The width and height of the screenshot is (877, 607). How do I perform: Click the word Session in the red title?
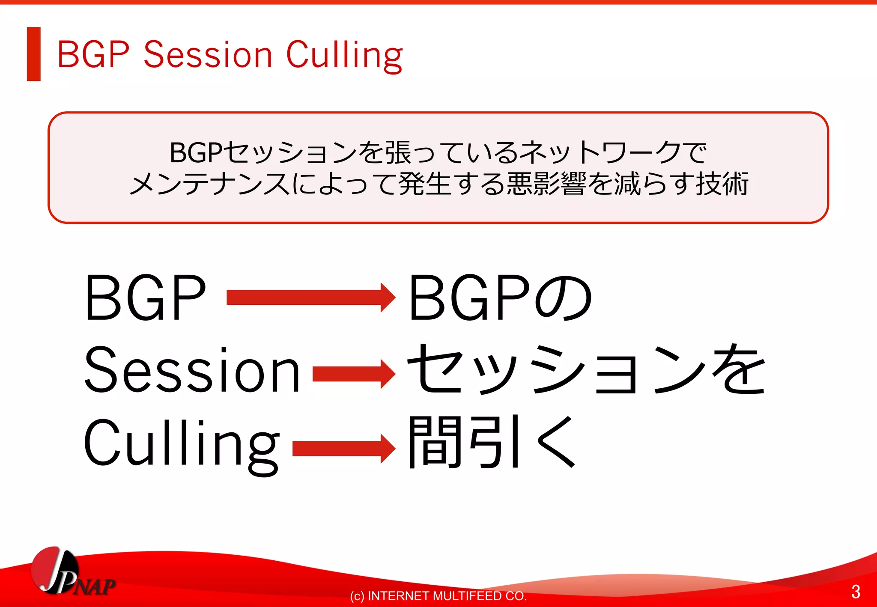pyautogui.click(x=208, y=55)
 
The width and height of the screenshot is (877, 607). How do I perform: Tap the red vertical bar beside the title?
pyautogui.click(x=33, y=54)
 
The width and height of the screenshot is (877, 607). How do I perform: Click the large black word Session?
pyautogui.click(x=192, y=370)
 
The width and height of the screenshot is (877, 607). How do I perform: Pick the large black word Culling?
pyautogui.click(x=182, y=445)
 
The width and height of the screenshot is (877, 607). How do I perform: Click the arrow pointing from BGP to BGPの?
pyautogui.click(x=310, y=297)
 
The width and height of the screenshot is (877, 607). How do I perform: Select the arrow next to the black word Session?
pyautogui.click(x=353, y=374)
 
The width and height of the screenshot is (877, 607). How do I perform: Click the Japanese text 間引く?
pyautogui.click(x=492, y=443)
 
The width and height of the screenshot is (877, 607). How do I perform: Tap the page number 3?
pyautogui.click(x=856, y=592)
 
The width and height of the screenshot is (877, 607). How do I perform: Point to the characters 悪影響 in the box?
pyautogui.click(x=546, y=184)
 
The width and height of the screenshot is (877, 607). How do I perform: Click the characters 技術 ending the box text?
pyautogui.click(x=722, y=184)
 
